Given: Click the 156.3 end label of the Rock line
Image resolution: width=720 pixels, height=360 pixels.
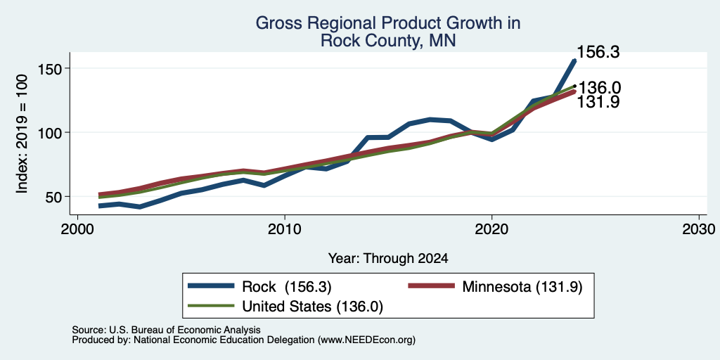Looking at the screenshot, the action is (598, 52).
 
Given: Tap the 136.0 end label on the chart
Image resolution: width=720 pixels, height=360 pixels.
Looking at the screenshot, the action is (600, 88).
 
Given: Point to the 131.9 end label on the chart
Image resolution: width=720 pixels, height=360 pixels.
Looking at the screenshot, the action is (598, 102).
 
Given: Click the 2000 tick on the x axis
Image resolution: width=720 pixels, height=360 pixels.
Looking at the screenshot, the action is (77, 229).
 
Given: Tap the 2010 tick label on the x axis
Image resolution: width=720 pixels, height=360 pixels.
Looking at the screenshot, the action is (285, 229).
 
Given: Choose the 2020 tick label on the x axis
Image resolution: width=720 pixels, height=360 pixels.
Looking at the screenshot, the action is (491, 229).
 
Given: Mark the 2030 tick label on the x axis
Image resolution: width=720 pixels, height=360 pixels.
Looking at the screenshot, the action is (699, 229).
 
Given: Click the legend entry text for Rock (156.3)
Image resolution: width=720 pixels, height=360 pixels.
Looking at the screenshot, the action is (286, 287).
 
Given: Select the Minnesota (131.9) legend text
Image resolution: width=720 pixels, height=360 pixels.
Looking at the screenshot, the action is (522, 287).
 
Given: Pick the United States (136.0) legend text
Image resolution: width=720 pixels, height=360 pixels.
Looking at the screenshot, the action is (311, 307).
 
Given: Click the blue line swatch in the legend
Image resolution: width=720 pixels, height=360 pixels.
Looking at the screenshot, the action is (211, 286).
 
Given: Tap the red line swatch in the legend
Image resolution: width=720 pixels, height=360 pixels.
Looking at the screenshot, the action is (432, 286).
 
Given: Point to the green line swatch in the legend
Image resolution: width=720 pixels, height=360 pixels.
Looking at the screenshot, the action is (211, 305).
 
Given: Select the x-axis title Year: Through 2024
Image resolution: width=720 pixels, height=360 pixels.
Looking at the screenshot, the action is (388, 259).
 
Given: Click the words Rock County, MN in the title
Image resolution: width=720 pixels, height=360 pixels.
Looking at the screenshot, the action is (388, 41).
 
